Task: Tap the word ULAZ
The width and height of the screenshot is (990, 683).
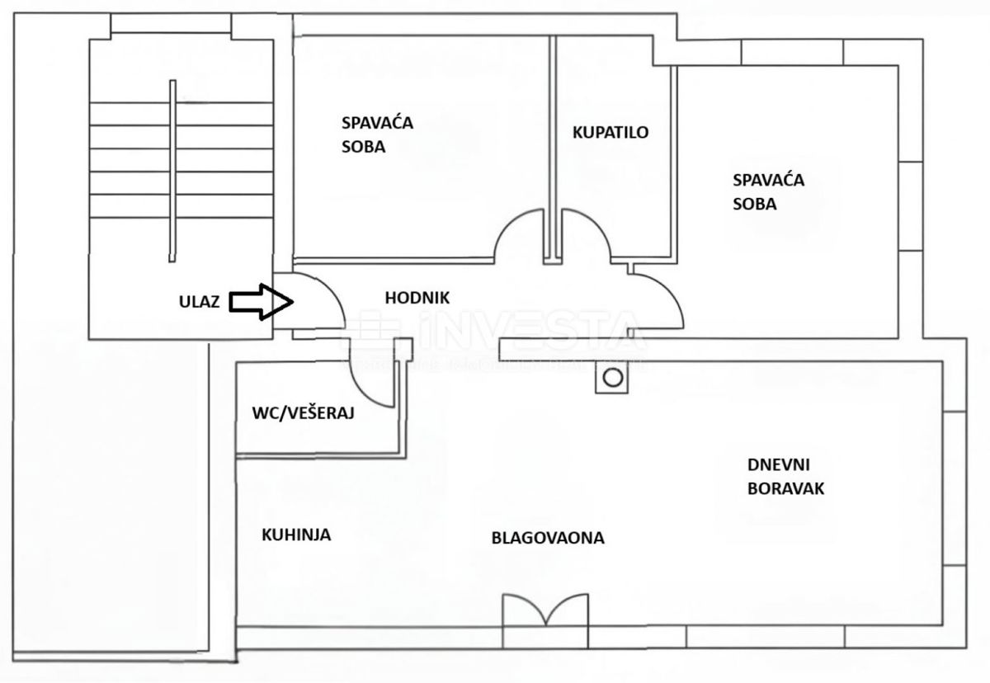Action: point(199,302)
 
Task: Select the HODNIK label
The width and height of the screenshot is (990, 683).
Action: point(417,298)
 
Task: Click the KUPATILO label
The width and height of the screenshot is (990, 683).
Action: point(611,132)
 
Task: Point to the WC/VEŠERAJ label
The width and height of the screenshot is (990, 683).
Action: point(303,413)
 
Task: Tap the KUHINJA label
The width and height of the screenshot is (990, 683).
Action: point(296,535)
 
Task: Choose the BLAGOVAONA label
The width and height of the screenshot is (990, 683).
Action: point(548,538)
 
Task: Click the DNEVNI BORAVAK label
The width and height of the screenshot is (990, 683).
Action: point(785,476)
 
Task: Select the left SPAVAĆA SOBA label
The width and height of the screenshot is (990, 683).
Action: point(377,134)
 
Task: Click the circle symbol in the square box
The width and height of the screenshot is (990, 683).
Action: point(612,378)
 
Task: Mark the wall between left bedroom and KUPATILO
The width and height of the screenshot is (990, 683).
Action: point(552,148)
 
